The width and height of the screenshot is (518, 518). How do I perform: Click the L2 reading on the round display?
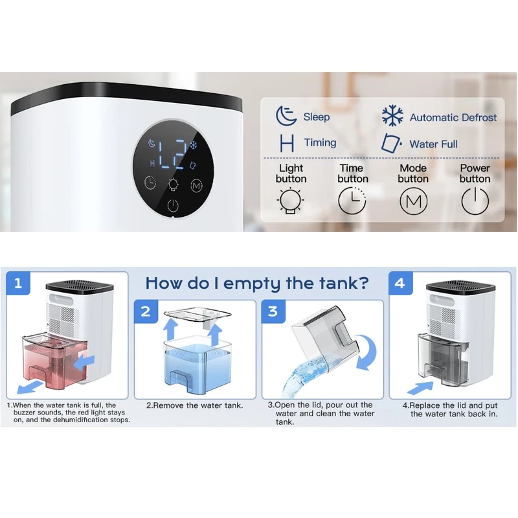(172, 153)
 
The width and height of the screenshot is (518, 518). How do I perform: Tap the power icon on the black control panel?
(173, 205)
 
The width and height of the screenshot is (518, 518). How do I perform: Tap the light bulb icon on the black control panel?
(173, 185)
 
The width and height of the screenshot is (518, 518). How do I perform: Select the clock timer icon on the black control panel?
(150, 183)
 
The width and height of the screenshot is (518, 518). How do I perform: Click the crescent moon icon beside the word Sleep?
(286, 116)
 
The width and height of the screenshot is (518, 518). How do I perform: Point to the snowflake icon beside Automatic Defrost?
(392, 116)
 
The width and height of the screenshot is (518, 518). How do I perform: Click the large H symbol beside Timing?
(287, 143)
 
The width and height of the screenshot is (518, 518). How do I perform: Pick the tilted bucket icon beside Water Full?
(391, 143)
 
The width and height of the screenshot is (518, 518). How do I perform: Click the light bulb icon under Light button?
(290, 201)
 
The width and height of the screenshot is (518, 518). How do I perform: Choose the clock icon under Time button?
(352, 201)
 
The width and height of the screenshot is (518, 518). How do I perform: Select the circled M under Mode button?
(413, 201)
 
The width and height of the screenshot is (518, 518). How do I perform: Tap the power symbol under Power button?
(475, 201)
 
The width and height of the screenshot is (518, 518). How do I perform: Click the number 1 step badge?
(18, 283)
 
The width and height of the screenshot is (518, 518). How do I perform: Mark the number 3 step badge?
(273, 311)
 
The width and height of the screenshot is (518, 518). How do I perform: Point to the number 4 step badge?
(400, 283)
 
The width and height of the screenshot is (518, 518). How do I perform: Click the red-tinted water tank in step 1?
(55, 361)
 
